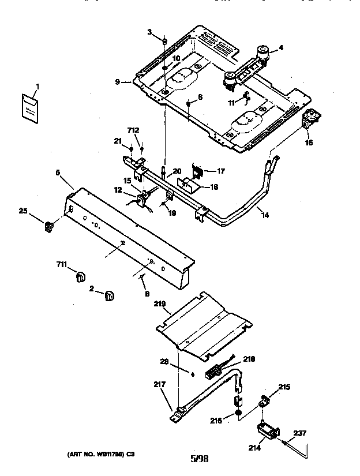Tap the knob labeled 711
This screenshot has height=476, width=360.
[81, 278]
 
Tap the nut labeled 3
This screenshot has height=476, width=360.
[165, 42]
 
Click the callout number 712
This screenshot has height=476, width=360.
[133, 130]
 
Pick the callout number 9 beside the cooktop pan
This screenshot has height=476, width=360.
[118, 82]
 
